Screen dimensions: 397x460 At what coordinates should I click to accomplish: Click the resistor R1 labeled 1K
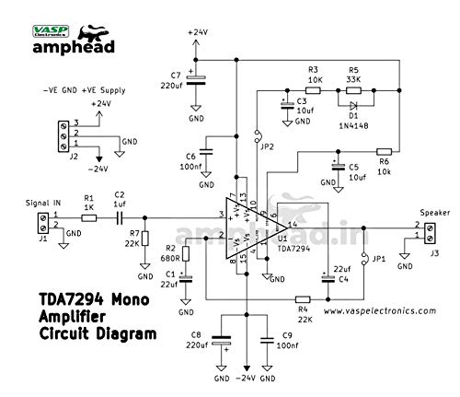point(89,219)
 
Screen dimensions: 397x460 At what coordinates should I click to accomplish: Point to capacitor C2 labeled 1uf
point(120,219)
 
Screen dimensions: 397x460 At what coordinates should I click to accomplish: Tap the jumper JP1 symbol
point(365,259)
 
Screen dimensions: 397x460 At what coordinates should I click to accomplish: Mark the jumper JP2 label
point(267,146)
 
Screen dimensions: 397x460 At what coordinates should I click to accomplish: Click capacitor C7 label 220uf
point(175,85)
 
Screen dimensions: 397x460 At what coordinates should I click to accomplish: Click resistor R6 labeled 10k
point(385,150)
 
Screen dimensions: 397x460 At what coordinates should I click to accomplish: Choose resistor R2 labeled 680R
point(187,254)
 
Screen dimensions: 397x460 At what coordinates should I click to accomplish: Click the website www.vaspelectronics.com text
point(379,311)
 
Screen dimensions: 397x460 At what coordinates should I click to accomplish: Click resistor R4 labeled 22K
point(302,298)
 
